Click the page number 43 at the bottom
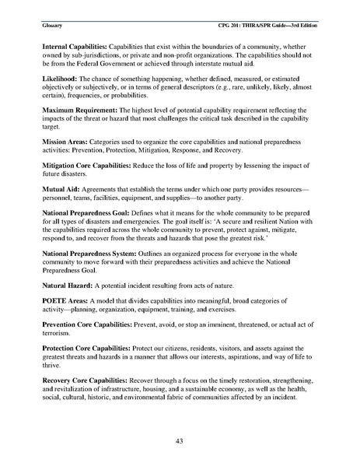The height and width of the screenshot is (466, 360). tap(180, 441)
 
